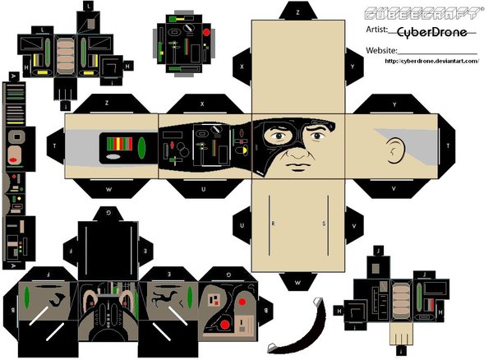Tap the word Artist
coord(379,30)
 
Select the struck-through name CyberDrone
coord(432,31)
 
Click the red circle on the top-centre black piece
coord(205,33)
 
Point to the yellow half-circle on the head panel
coord(242,151)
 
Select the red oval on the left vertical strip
coord(14,156)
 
